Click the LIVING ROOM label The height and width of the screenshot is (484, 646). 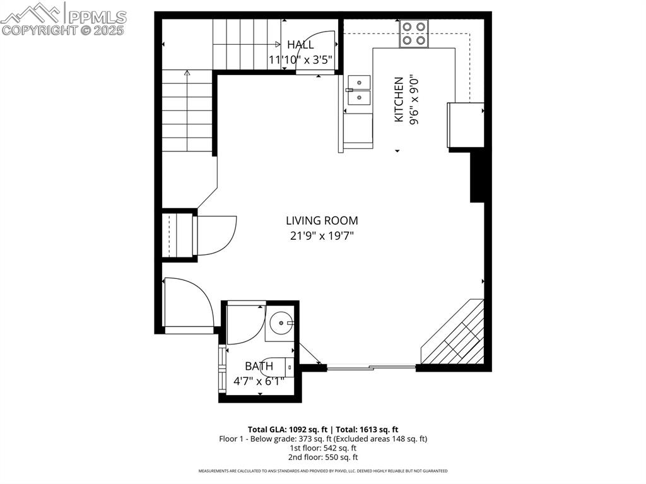322,221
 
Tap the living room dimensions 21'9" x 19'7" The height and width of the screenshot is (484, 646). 322,236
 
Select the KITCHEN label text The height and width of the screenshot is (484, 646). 399,100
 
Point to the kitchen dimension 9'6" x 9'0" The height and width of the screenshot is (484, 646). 414,100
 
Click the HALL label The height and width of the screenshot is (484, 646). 300,45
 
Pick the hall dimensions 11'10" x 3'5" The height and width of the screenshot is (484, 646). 300,61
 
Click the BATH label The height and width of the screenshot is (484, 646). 259,366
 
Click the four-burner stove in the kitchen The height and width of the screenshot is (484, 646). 414,33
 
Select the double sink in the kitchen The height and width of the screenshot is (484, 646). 359,89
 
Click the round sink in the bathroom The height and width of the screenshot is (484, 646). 280,324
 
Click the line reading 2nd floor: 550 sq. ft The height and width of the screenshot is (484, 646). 323,457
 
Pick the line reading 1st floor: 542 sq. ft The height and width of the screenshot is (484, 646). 323,447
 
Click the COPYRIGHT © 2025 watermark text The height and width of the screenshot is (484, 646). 63,30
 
